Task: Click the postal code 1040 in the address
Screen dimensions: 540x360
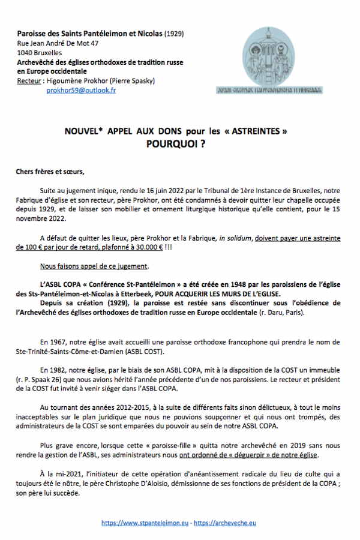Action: coord(26,53)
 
